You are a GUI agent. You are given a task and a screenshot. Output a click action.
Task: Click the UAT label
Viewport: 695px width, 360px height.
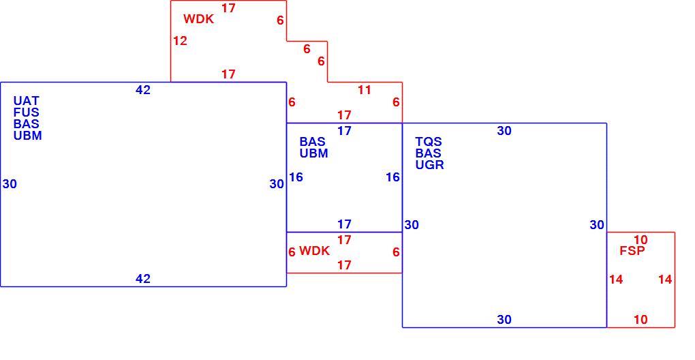pyautogui.click(x=26, y=101)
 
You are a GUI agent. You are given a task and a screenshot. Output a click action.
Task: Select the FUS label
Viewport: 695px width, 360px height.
pyautogui.click(x=26, y=112)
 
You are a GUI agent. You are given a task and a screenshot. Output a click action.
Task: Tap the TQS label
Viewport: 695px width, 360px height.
pyautogui.click(x=428, y=142)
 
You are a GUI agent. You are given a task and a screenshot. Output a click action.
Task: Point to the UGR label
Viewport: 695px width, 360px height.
pyautogui.click(x=429, y=165)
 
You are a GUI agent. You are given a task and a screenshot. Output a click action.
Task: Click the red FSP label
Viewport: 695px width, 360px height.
pyautogui.click(x=632, y=251)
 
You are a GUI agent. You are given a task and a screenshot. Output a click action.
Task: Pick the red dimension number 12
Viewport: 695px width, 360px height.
pyautogui.click(x=180, y=41)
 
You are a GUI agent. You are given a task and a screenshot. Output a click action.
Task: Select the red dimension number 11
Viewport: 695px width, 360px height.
pyautogui.click(x=365, y=90)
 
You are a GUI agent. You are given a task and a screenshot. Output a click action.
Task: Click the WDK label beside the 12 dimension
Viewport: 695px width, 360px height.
pyautogui.click(x=198, y=19)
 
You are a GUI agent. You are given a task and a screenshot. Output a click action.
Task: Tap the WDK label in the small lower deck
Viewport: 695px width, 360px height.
pyautogui.click(x=314, y=251)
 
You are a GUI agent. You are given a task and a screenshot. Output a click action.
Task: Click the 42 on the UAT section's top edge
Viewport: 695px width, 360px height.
pyautogui.click(x=142, y=90)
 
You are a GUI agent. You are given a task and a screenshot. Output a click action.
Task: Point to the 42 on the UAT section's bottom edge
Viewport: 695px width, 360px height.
pyautogui.click(x=142, y=279)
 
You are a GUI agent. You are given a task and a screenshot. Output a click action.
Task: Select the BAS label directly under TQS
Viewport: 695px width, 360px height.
pyautogui.click(x=428, y=153)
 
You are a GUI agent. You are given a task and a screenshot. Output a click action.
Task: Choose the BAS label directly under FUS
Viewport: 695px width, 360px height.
pyautogui.click(x=26, y=124)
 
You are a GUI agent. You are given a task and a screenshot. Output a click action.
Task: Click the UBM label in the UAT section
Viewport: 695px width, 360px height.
pyautogui.click(x=27, y=136)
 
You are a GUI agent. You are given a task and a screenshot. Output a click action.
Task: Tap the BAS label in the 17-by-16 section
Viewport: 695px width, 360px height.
pyautogui.click(x=313, y=142)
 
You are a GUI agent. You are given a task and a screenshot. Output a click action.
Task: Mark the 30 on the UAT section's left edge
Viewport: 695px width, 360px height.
pyautogui.click(x=10, y=184)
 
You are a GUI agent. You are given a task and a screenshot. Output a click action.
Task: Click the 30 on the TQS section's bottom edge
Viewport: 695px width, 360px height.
pyautogui.click(x=504, y=320)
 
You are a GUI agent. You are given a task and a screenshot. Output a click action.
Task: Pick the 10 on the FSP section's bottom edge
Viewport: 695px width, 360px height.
pyautogui.click(x=640, y=320)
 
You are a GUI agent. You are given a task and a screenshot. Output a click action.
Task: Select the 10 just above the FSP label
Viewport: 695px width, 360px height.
pyautogui.click(x=640, y=240)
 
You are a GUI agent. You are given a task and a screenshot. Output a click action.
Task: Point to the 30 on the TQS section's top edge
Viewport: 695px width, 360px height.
pyautogui.click(x=504, y=131)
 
